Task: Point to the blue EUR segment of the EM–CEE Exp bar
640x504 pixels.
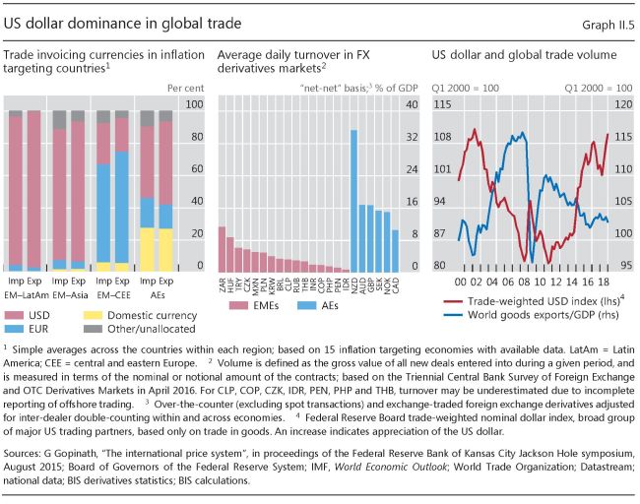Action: click(x=121, y=206)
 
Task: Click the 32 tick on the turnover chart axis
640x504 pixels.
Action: click(x=413, y=137)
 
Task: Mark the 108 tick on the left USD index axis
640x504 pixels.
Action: click(x=441, y=137)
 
